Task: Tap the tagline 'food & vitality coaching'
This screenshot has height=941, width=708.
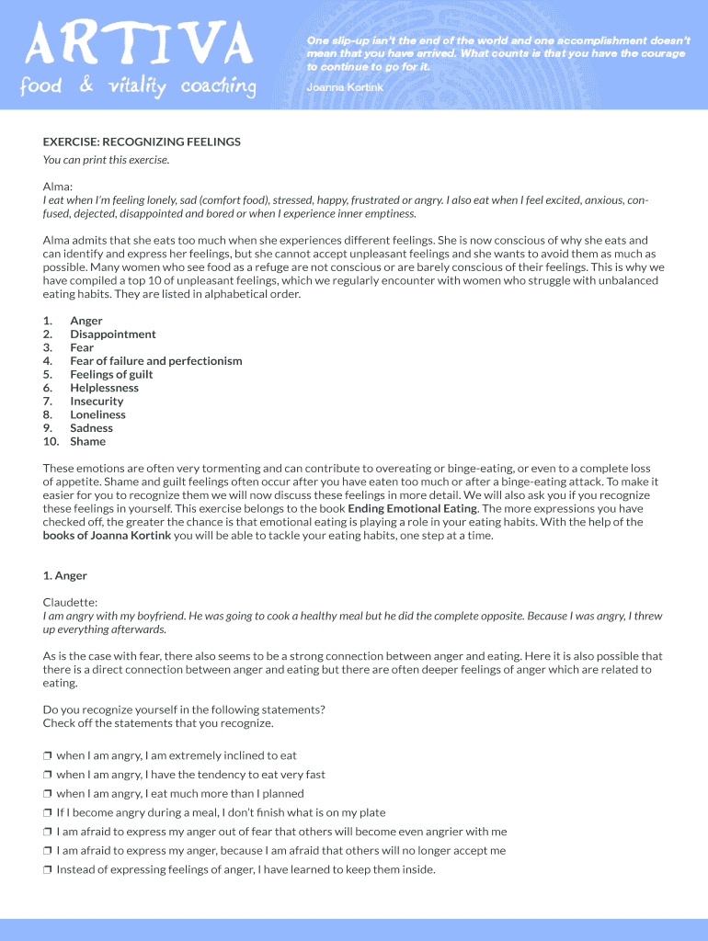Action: click(x=139, y=87)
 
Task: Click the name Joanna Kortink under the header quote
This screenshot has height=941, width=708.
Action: click(x=345, y=87)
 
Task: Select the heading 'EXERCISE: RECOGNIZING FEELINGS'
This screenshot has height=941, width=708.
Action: click(x=142, y=142)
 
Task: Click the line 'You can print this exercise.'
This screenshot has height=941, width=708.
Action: click(x=106, y=160)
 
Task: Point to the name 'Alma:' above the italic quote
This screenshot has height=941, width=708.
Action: click(x=58, y=187)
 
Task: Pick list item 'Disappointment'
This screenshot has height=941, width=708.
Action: click(x=113, y=334)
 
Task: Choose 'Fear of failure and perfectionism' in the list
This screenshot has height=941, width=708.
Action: click(x=156, y=361)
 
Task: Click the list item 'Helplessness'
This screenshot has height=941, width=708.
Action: click(x=105, y=388)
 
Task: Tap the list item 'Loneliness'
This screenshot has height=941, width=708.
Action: click(x=98, y=414)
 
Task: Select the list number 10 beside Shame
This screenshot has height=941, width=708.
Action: click(x=51, y=441)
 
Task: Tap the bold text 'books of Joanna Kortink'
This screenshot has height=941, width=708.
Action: click(x=107, y=536)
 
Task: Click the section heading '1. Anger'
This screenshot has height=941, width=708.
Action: click(x=65, y=576)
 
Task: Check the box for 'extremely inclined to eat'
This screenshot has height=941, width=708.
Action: click(x=48, y=756)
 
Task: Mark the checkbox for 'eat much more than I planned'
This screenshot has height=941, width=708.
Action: click(x=48, y=794)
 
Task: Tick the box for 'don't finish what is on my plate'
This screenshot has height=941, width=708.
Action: click(x=48, y=813)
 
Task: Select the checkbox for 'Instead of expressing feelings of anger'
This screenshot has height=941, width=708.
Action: click(x=48, y=870)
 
